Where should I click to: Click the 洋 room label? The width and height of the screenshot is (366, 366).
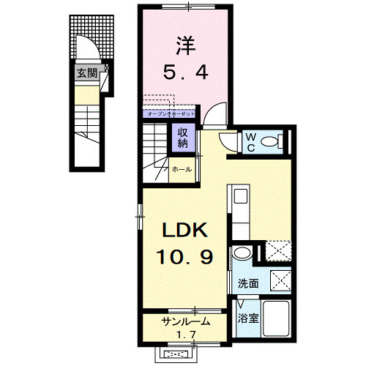(185, 46)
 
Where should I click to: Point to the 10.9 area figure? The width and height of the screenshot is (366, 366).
(185, 258)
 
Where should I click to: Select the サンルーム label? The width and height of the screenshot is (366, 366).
(186, 321)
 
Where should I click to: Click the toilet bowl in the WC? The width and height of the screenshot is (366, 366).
(271, 141)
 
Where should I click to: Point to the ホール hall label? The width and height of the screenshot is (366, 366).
(182, 170)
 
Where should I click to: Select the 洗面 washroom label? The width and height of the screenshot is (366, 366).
(247, 283)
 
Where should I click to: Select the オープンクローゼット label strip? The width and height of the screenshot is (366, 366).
(171, 114)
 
